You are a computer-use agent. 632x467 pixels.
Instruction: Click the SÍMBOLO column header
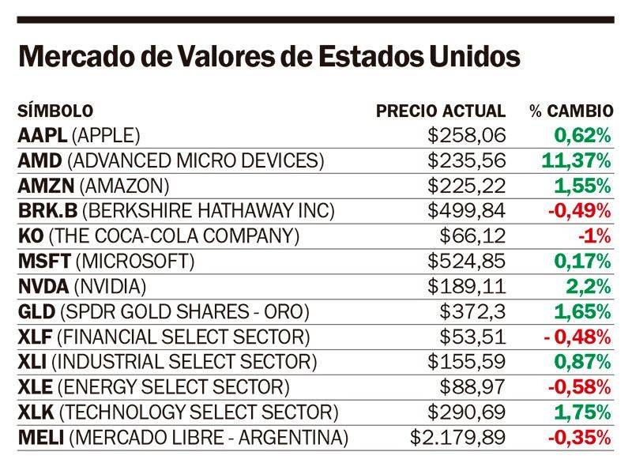[x=55, y=111]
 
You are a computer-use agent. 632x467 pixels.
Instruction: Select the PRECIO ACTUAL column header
[x=440, y=111]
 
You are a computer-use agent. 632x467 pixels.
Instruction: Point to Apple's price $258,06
[x=467, y=136]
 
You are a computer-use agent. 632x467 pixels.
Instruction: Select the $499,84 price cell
[x=467, y=211]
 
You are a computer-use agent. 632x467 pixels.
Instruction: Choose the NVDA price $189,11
[x=467, y=287]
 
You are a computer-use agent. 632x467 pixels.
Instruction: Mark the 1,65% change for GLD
[x=581, y=311]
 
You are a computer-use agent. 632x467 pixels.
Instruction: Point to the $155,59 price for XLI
[x=467, y=362]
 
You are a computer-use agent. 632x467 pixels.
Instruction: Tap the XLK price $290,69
[x=467, y=412]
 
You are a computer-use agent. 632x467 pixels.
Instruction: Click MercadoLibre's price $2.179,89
[x=458, y=437]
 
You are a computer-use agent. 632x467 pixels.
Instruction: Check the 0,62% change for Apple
[x=581, y=136]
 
